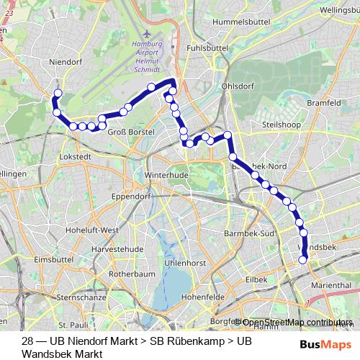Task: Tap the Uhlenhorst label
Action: coord(185,264)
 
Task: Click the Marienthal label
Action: coord(332,285)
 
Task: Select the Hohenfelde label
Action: coord(207,296)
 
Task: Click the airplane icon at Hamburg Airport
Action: coord(148,34)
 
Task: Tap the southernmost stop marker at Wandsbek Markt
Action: coord(303,259)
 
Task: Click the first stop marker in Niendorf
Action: coord(58,94)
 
